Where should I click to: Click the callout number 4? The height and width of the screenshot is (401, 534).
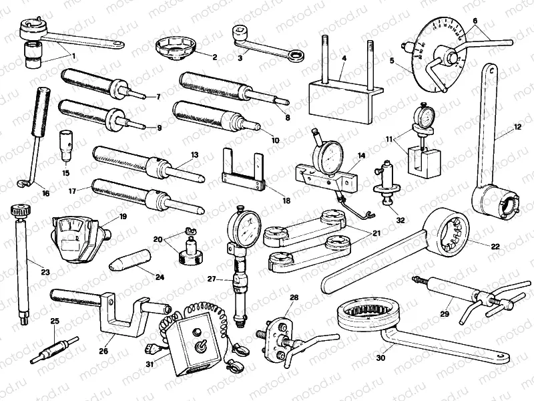(x=342, y=59)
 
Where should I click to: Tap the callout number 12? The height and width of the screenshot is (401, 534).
(x=517, y=126)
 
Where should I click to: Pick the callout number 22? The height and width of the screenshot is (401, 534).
(x=495, y=247)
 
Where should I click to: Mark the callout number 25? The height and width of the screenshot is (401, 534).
(x=55, y=321)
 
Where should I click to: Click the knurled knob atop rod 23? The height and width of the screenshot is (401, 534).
(x=20, y=211)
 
